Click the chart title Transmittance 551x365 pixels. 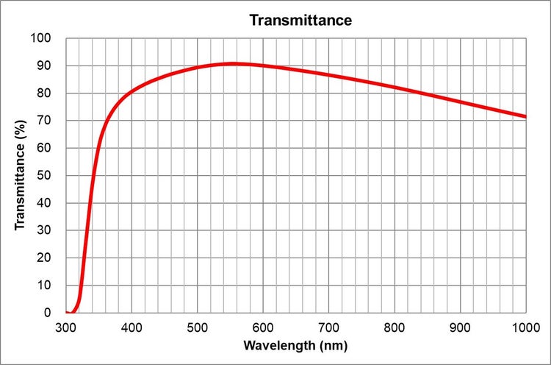(x=300, y=20)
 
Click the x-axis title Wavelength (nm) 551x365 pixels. (x=295, y=345)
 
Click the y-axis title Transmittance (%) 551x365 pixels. (x=21, y=175)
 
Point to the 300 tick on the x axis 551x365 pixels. (x=66, y=326)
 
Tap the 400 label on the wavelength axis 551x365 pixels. (x=132, y=326)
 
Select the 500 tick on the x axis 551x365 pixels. (x=198, y=326)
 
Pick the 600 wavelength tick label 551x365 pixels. (x=263, y=326)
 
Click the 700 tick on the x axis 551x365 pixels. (x=329, y=326)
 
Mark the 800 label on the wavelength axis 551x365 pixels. (x=395, y=326)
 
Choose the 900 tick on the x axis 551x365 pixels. (x=461, y=326)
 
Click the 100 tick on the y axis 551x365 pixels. (x=43, y=38)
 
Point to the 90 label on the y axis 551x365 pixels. (x=46, y=65)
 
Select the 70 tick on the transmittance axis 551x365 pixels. (x=46, y=121)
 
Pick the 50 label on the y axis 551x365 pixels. (x=46, y=175)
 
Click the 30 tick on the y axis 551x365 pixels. (x=46, y=230)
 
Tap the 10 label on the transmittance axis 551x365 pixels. (x=46, y=285)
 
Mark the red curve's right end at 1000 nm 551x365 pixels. (x=525, y=116)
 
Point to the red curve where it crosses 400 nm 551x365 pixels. (x=132, y=92)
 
